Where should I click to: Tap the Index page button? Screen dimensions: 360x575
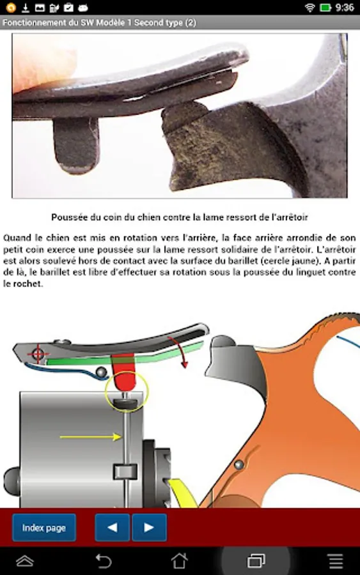point(44,527)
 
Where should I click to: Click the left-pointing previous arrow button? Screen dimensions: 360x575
point(113,527)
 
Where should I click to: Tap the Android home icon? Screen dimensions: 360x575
point(180,561)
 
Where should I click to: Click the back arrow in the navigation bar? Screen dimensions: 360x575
point(104,561)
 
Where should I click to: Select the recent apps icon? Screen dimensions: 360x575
point(256,561)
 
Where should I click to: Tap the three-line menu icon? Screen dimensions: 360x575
point(336,561)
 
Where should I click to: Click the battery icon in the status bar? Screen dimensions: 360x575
point(325,7)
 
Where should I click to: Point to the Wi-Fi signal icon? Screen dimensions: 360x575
point(310,7)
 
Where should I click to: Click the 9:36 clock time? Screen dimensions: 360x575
point(345,7)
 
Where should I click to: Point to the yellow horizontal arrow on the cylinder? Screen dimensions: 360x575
point(91,437)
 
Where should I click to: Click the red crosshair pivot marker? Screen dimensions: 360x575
point(38,354)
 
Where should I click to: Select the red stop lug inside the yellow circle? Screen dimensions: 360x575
point(123,372)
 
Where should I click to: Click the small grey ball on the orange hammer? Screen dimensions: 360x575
point(239,464)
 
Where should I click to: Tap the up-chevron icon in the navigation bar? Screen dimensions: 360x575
point(25,561)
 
